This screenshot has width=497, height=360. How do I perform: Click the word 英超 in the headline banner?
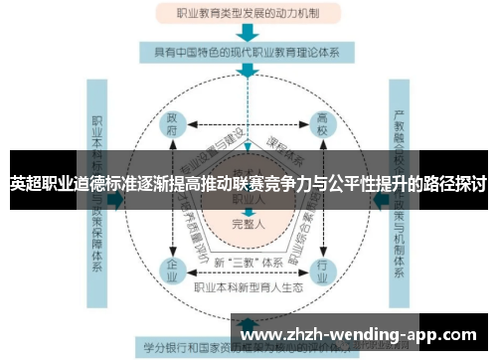point(24,185)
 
